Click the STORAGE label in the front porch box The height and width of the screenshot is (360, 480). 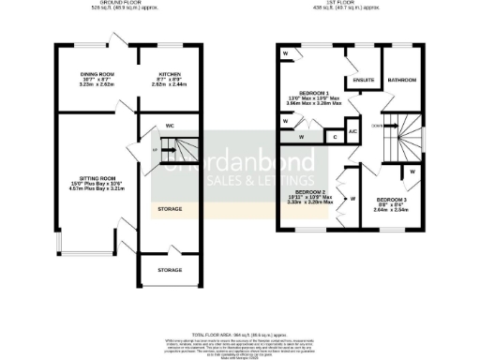pyautogui.click(x=170, y=270)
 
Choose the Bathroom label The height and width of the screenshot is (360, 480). pyautogui.click(x=403, y=80)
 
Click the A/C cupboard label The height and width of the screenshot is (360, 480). pyautogui.click(x=352, y=131)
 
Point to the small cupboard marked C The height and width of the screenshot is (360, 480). pyautogui.click(x=335, y=137)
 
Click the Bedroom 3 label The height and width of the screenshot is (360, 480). pyautogui.click(x=392, y=202)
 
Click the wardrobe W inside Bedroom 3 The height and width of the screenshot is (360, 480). pyautogui.click(x=412, y=172)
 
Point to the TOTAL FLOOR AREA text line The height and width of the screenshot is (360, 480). pyautogui.click(x=239, y=335)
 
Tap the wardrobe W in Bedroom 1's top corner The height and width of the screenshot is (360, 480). pyautogui.click(x=285, y=54)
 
